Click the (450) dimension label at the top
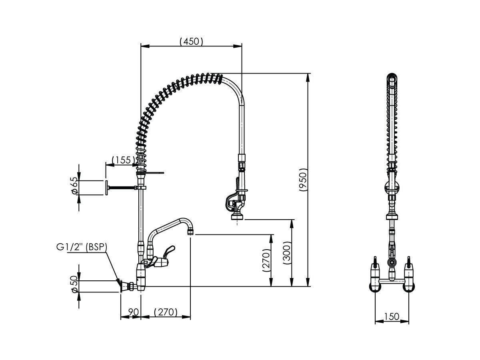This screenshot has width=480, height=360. [192, 41]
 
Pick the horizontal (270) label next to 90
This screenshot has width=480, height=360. [165, 312]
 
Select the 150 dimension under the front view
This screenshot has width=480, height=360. [392, 316]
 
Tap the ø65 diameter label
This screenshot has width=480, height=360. [74, 186]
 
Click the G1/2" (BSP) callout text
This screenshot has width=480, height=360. [82, 247]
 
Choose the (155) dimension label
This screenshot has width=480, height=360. [121, 160]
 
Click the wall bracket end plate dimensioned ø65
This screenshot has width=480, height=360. [107, 188]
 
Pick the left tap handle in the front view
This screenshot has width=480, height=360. [376, 264]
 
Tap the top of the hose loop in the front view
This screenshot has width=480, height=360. [392, 76]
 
